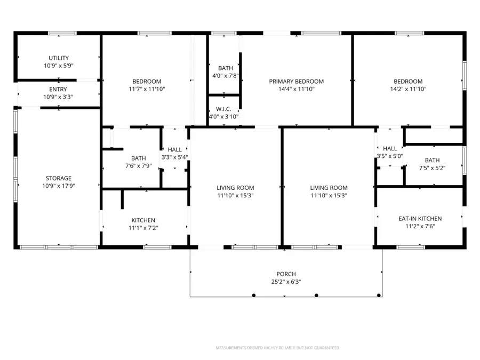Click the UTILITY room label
click(x=59, y=58)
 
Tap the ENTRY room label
click(x=59, y=89)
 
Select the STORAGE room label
click(x=59, y=178)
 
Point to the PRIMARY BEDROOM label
click(x=296, y=82)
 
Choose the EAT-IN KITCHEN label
click(x=420, y=219)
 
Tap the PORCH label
click(x=286, y=274)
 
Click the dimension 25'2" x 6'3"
click(x=286, y=282)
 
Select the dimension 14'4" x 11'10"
click(x=296, y=90)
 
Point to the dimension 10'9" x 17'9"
click(x=59, y=186)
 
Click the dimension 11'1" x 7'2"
click(x=143, y=228)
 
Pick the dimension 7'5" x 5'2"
click(x=432, y=168)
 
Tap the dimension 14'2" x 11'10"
click(x=408, y=90)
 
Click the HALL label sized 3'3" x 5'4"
click(x=174, y=150)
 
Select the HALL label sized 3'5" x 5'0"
click(x=390, y=148)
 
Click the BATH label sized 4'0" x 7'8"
click(x=225, y=68)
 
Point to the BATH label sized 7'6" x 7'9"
click(x=139, y=158)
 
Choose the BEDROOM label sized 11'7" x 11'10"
click(x=147, y=82)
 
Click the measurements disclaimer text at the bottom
click(x=278, y=348)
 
